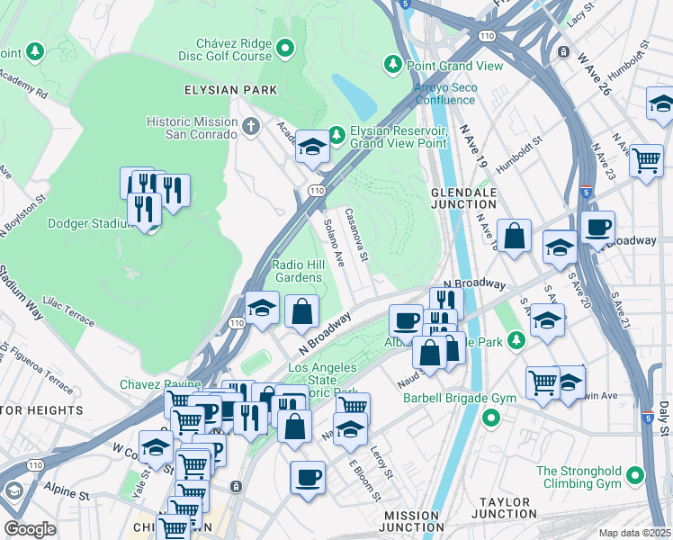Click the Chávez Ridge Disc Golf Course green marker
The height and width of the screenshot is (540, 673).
click(286, 47)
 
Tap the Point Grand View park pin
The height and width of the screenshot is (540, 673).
click(392, 64)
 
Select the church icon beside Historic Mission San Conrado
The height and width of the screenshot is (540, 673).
click(251, 127)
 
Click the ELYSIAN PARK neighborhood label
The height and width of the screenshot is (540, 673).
click(230, 90)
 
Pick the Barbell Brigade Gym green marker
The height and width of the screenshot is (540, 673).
click(490, 418)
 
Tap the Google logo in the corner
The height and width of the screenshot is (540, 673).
click(30, 529)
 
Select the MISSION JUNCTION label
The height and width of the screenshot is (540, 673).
click(412, 522)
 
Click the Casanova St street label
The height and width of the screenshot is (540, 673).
click(357, 237)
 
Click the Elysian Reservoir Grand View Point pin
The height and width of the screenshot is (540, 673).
click(336, 136)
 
